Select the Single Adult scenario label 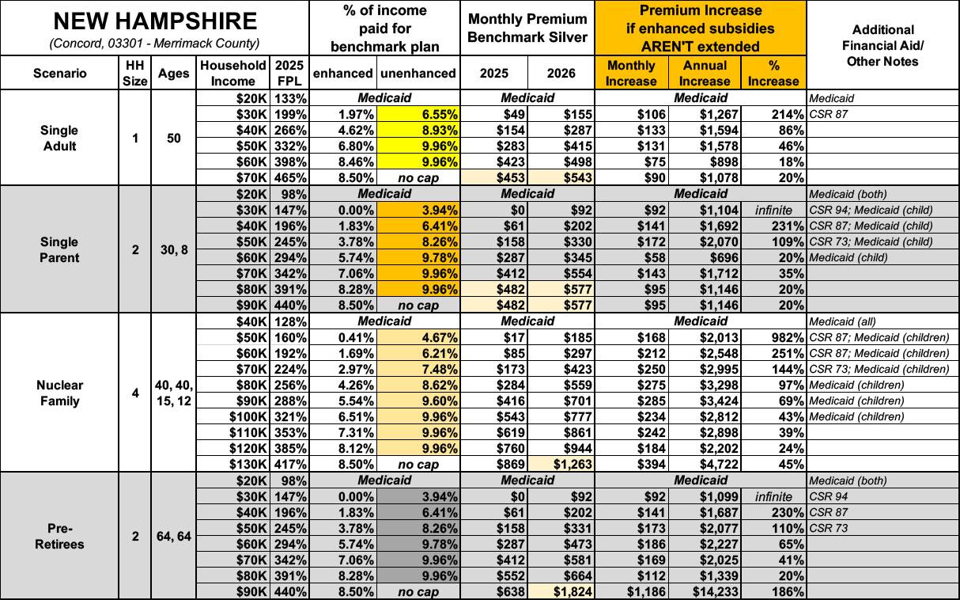(x=59, y=138)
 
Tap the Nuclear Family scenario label (x=59, y=393)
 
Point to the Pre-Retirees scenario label (x=59, y=536)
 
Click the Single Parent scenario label (x=59, y=249)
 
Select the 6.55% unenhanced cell (x=418, y=114)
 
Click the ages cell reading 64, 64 (x=173, y=536)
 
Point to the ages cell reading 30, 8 (x=173, y=249)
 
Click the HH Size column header (x=135, y=73)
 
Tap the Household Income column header (x=232, y=73)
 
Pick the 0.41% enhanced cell (x=344, y=337)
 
